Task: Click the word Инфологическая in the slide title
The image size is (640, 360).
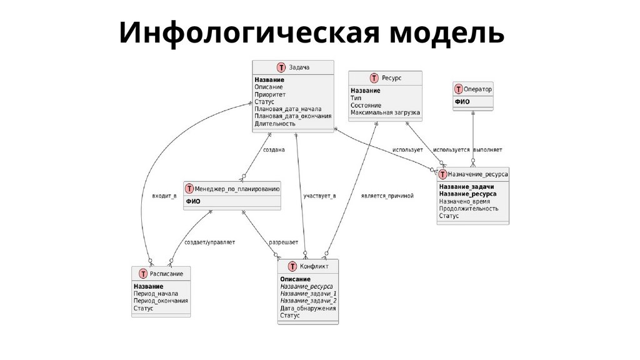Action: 247,32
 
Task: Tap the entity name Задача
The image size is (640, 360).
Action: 299,67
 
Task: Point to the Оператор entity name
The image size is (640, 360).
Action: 478,89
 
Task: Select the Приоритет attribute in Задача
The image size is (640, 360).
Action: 270,94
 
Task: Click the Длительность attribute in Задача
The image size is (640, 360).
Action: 275,124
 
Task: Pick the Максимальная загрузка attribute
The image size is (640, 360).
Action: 385,113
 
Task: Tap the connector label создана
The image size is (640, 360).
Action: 274,150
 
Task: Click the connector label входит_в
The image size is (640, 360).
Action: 164,196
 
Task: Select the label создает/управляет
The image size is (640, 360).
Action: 210,242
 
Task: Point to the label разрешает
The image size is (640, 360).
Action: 283,242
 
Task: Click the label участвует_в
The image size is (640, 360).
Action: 319,196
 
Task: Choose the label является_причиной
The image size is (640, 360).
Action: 387,196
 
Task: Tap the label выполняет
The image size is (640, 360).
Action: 487,150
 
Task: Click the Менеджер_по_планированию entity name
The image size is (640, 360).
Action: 237,188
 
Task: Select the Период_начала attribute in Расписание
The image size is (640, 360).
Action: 156,293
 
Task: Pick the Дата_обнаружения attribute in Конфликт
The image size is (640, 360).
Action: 308,308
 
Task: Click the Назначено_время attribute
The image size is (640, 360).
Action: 464,201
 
